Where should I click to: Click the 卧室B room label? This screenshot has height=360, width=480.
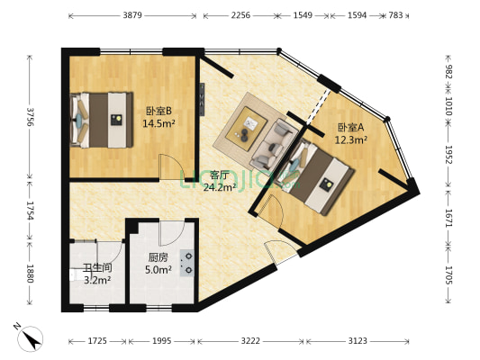[x=158, y=111]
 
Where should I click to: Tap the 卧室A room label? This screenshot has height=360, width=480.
[x=350, y=127]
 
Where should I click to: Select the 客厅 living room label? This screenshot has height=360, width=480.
[x=220, y=175]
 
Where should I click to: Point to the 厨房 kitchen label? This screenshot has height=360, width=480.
[x=158, y=257]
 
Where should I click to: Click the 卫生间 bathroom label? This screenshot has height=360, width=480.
[x=97, y=268]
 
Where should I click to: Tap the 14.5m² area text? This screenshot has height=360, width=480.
[x=158, y=123]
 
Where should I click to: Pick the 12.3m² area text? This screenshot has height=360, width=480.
[x=351, y=139]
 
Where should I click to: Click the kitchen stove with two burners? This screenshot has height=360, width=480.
[x=186, y=263]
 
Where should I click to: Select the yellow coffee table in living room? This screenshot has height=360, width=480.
[x=246, y=129]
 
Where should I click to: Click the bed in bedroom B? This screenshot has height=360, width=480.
[x=102, y=120]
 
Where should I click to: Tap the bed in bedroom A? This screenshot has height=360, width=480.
[x=319, y=175]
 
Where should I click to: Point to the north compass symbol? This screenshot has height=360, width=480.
[x=30, y=338]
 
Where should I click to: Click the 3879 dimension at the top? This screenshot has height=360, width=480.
[x=132, y=15]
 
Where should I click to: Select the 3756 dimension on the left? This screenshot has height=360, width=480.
[x=30, y=117]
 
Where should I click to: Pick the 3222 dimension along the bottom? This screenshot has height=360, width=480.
[x=250, y=341]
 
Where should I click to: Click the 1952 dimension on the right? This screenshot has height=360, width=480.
[x=448, y=155]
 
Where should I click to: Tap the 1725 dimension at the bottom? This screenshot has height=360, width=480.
[x=97, y=341]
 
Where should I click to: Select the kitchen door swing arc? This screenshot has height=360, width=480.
[x=172, y=233]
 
